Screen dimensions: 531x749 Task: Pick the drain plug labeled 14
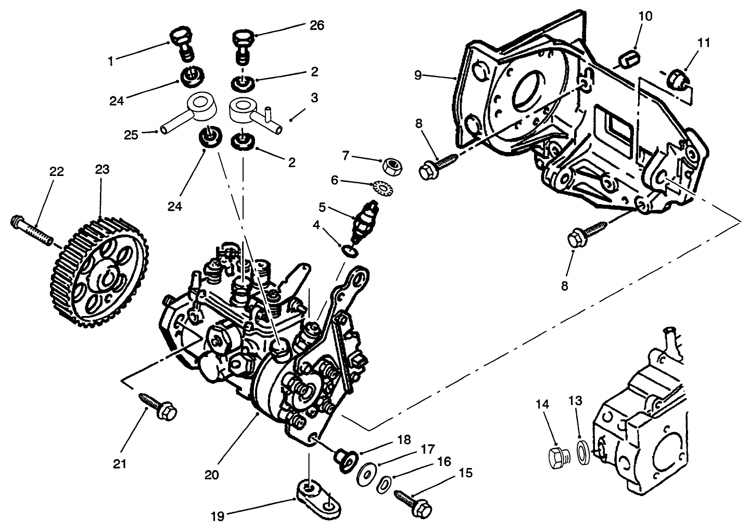pos(559,458)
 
